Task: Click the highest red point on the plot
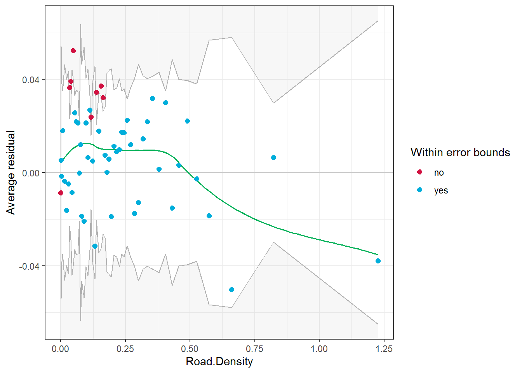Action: [x=73, y=51]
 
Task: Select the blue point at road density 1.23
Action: [x=378, y=261]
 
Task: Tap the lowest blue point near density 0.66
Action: [x=231, y=289]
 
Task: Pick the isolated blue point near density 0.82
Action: [x=273, y=157]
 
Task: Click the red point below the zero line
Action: [x=61, y=193]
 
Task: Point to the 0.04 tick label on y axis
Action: [x=31, y=80]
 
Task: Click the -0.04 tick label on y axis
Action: [x=29, y=266]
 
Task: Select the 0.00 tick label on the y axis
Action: [x=31, y=173]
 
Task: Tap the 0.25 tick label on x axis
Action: [x=125, y=349]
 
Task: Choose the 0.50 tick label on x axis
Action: [x=190, y=349]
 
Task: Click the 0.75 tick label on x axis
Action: [x=254, y=349]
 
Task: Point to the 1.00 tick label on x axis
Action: [x=319, y=349]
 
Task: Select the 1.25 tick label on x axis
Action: [x=384, y=349]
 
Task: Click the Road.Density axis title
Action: [x=219, y=362]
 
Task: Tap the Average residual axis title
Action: [x=11, y=173]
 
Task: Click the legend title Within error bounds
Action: [x=460, y=152]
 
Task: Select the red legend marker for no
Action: [x=419, y=172]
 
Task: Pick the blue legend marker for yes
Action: [x=419, y=190]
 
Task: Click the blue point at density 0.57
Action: [x=209, y=216]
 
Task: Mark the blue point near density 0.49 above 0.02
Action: [x=187, y=121]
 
